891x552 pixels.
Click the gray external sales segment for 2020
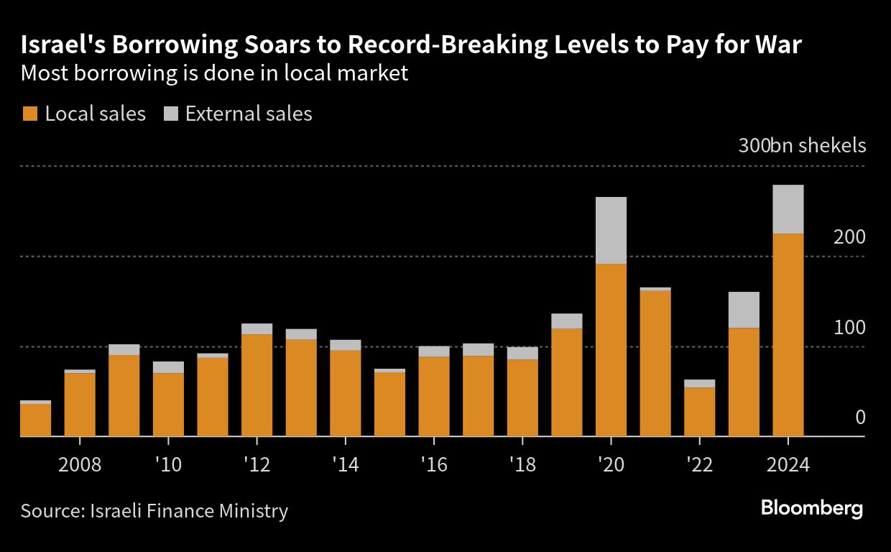[611, 230]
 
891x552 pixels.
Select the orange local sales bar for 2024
[788, 334]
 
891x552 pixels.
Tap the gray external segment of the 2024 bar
[788, 209]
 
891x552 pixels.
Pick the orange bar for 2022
[699, 412]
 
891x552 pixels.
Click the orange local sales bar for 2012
[257, 385]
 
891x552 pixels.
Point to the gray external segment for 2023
[744, 310]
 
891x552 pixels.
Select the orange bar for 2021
[655, 363]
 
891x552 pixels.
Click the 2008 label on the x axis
[79, 464]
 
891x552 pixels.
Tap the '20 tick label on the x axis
[611, 464]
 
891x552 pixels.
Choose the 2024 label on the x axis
[788, 464]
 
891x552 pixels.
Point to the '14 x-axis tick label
[345, 464]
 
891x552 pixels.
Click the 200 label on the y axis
[849, 237]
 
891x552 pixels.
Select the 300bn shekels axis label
[802, 146]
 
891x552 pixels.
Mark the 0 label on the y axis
[860, 418]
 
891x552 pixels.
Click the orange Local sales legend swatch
[30, 114]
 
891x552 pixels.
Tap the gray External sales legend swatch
[171, 114]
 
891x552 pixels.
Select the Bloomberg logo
[812, 509]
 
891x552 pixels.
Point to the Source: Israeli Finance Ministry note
[154, 510]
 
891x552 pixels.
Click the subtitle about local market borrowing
[215, 73]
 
